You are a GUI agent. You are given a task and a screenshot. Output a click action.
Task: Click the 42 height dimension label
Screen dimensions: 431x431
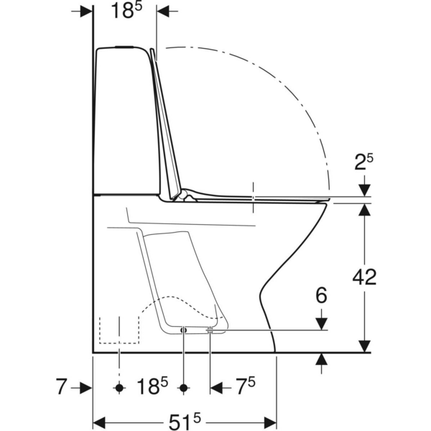click(x=364, y=277)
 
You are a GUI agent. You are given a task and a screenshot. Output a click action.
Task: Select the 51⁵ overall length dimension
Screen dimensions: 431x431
click(x=185, y=422)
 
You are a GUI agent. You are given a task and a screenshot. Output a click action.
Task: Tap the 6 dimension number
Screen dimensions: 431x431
click(x=321, y=295)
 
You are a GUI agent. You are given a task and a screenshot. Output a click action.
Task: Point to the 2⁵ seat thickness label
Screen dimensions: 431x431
click(x=363, y=162)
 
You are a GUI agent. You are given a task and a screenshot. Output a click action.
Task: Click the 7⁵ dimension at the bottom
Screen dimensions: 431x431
click(x=246, y=386)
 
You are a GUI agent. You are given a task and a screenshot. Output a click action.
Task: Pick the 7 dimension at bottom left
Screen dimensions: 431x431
click(x=61, y=386)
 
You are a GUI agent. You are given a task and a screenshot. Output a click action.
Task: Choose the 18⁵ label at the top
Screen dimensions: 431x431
click(x=126, y=11)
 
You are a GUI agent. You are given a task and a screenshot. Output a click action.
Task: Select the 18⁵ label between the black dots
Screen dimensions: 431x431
click(x=152, y=386)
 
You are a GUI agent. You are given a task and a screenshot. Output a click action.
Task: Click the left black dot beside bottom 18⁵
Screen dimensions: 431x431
click(x=119, y=388)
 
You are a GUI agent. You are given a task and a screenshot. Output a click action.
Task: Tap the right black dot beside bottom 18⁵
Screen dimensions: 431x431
click(x=184, y=388)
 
